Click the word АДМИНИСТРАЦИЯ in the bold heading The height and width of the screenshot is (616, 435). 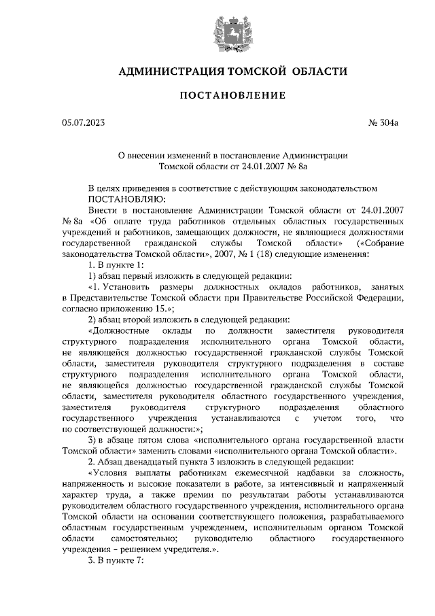point(166,71)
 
